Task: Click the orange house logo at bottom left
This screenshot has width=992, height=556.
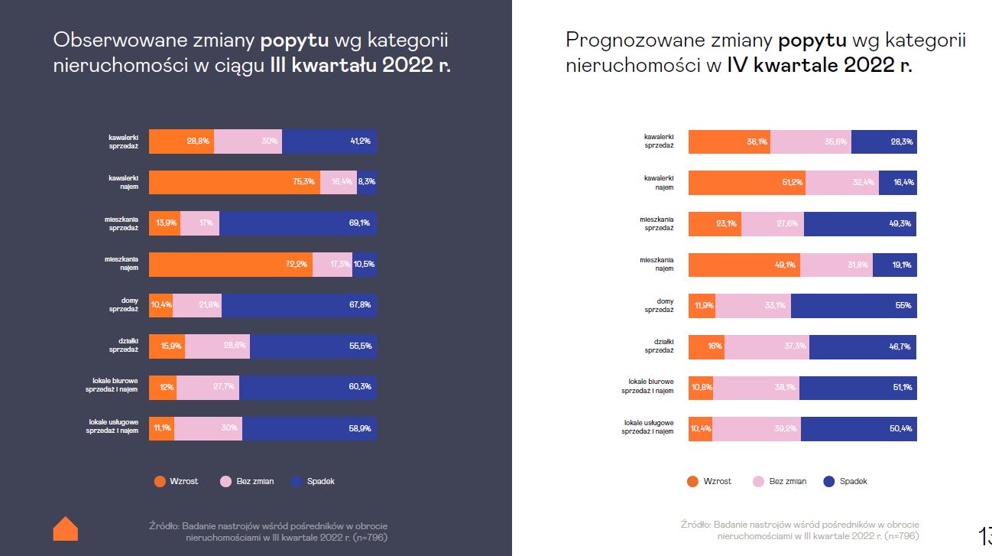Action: [66, 528]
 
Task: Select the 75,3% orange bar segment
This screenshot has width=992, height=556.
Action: [234, 182]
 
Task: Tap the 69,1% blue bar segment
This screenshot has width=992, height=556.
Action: [298, 223]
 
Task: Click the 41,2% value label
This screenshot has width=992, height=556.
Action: [360, 141]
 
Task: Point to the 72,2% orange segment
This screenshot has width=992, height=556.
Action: [230, 264]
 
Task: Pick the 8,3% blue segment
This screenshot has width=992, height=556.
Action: [367, 182]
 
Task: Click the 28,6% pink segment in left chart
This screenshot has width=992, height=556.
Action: [217, 346]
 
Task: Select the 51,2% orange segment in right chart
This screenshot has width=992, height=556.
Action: [747, 183]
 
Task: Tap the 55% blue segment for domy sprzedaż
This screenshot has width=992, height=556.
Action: [854, 306]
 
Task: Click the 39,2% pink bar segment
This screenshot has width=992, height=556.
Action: [756, 428]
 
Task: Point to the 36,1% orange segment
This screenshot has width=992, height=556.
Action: [729, 141]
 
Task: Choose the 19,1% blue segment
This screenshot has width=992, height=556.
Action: [894, 265]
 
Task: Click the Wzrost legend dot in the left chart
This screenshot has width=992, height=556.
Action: [160, 481]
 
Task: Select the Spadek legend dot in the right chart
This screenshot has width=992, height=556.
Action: [829, 481]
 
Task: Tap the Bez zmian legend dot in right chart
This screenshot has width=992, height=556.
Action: [758, 481]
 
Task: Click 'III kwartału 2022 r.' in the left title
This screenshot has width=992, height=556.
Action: [360, 66]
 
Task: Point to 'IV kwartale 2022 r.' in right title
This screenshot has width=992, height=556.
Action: [819, 65]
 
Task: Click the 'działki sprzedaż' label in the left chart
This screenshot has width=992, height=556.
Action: [123, 346]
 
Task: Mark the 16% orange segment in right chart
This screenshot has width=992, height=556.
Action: [706, 346]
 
